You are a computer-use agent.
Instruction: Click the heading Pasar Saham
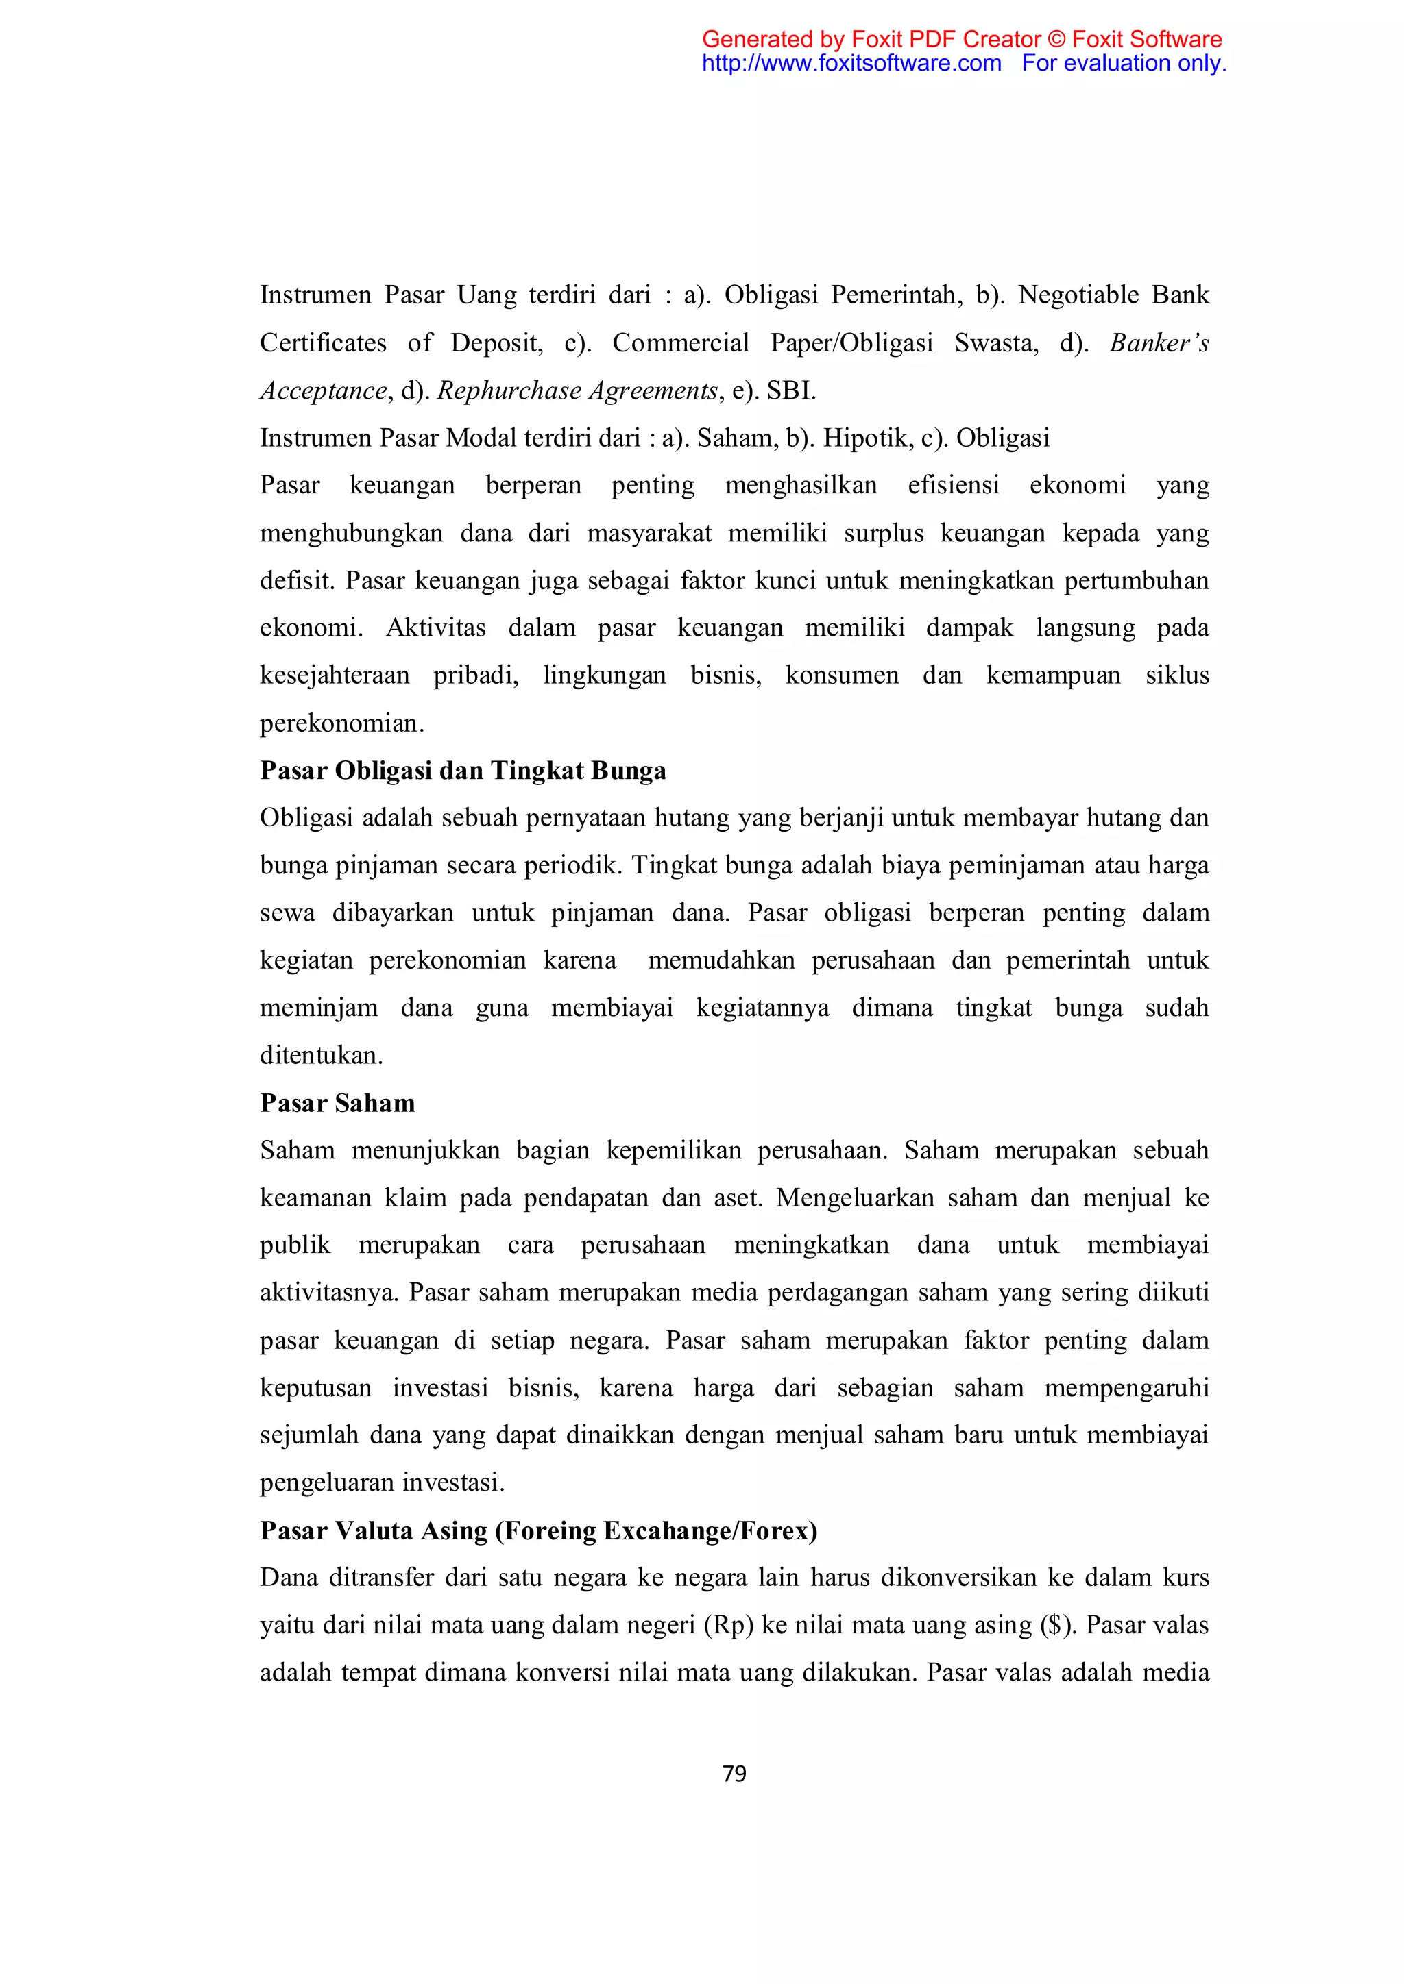pos(337,1104)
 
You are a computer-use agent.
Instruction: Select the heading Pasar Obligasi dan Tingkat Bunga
pos(463,771)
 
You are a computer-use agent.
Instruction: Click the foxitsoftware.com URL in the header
pos(851,63)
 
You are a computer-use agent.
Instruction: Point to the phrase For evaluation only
pos(1124,63)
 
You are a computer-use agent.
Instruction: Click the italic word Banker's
pos(1159,343)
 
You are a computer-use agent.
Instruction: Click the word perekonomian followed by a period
pos(341,723)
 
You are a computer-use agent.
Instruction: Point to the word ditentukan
pos(321,1056)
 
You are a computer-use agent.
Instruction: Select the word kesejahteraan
pos(335,675)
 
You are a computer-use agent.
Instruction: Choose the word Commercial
pos(680,343)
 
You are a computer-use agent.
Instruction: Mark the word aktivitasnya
pos(328,1293)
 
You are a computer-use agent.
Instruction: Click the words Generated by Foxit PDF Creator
pos(871,40)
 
